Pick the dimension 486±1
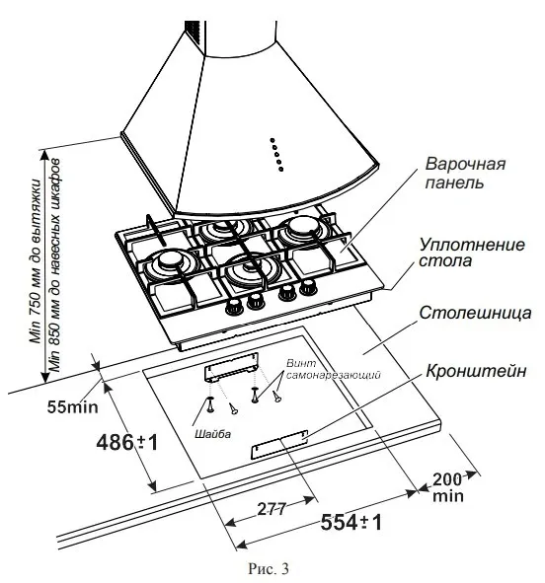coord(126,443)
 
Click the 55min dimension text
coord(73,404)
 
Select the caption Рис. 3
coord(272,568)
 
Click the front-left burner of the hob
coord(171,263)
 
